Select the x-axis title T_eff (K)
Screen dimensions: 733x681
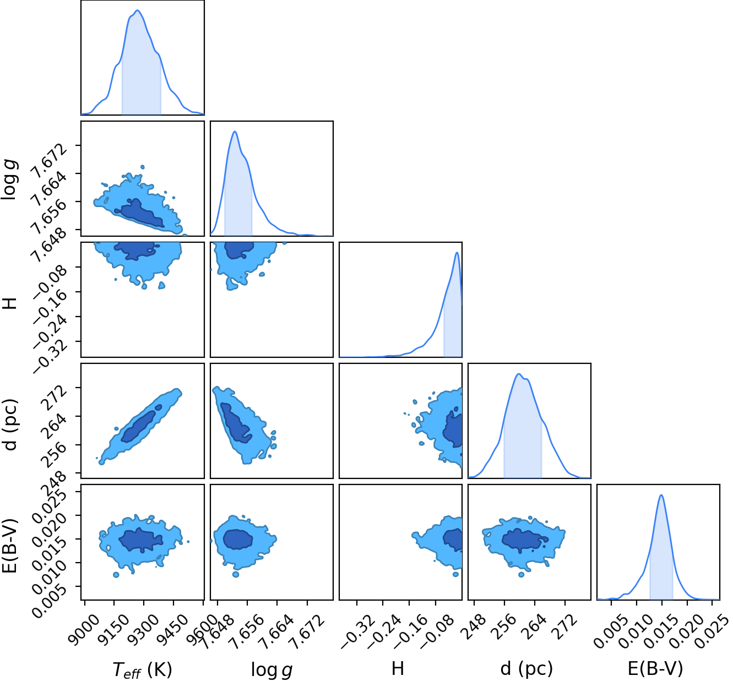142,669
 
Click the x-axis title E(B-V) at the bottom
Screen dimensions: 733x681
655,668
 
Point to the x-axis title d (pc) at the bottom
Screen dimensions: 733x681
526,668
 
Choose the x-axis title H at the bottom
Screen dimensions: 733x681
398,668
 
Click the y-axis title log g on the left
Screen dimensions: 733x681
9,179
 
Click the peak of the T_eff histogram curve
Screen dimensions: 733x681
137,10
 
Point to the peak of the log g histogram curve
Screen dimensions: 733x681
235,132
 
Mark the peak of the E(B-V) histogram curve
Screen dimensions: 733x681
661,495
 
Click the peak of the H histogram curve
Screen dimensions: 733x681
457,253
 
